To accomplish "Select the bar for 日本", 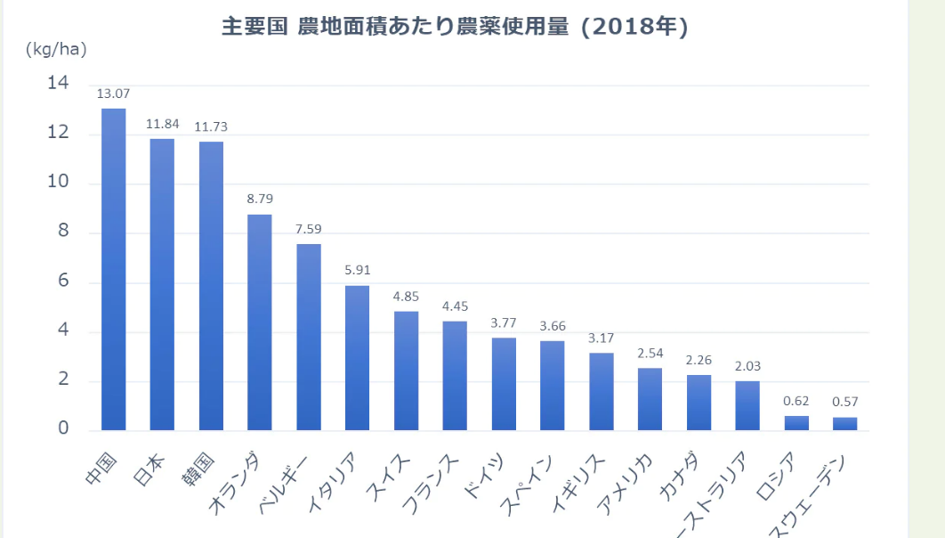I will coord(162,284).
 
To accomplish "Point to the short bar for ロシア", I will coord(796,423).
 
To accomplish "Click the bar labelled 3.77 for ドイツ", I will coord(504,384).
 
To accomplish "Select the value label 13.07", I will coord(113,93).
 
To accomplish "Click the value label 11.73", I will coord(211,126).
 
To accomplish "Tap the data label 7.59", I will coord(309,228).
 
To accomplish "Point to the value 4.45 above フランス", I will coord(455,306).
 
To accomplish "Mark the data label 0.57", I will coord(845,402).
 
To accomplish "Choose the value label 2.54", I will coord(650,353).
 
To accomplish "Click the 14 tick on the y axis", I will coord(57,83).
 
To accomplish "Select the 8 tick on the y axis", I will coord(62,232).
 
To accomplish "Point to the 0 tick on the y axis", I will coord(62,429).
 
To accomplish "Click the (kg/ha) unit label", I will coord(56,49).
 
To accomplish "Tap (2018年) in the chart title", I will coord(634,28).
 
